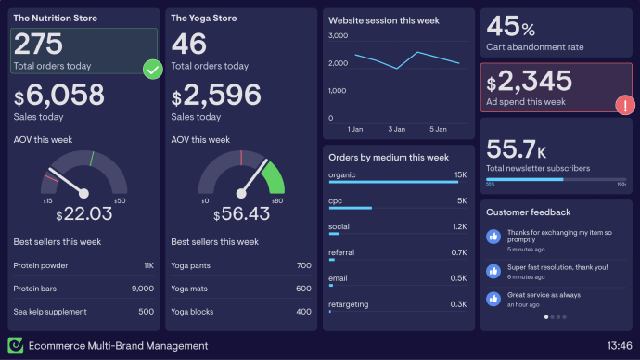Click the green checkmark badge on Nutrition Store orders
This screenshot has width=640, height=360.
tap(153, 69)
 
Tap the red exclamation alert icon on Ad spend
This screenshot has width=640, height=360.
tap(626, 104)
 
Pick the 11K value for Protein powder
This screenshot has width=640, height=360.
tap(148, 265)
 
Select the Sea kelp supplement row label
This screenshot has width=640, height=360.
tap(50, 312)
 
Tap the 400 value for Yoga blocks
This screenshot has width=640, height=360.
tap(303, 312)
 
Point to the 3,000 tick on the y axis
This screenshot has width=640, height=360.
tap(338, 36)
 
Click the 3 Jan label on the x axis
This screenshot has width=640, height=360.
tap(397, 129)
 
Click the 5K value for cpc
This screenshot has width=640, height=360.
tap(461, 200)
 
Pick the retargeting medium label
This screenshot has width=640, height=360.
tap(348, 304)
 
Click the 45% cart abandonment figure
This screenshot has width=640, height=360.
tap(510, 26)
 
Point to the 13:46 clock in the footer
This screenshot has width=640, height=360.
tap(620, 346)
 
